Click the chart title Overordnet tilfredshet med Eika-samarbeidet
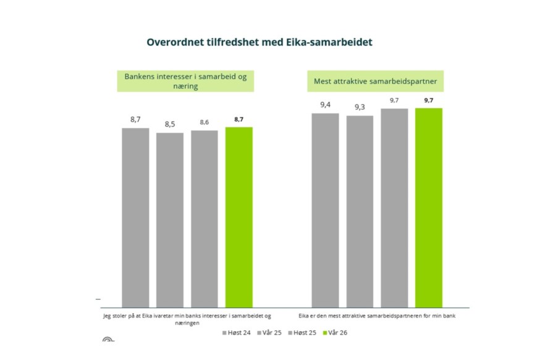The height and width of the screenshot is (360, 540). pos(260,43)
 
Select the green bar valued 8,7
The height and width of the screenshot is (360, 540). pos(239,216)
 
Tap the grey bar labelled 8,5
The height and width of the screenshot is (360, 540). pos(170,219)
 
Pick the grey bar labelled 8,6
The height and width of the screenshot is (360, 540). pos(205,218)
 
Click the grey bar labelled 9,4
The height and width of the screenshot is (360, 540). pos(325,210)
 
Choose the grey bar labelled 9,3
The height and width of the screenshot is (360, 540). pos(360,211)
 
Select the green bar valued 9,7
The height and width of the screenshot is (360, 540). pos(429,207)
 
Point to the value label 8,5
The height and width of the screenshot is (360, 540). pos(170,125)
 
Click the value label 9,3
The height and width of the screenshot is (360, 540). pos(360,107)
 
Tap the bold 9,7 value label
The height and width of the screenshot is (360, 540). pos(429,100)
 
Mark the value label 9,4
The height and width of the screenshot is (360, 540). pos(325,105)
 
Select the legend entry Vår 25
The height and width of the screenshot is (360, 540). pos(270,333)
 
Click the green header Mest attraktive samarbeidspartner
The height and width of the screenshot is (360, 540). pos(377,81)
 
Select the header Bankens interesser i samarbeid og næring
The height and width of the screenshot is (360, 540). pos(186,81)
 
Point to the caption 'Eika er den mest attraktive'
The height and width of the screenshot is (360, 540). pos(377,316)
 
